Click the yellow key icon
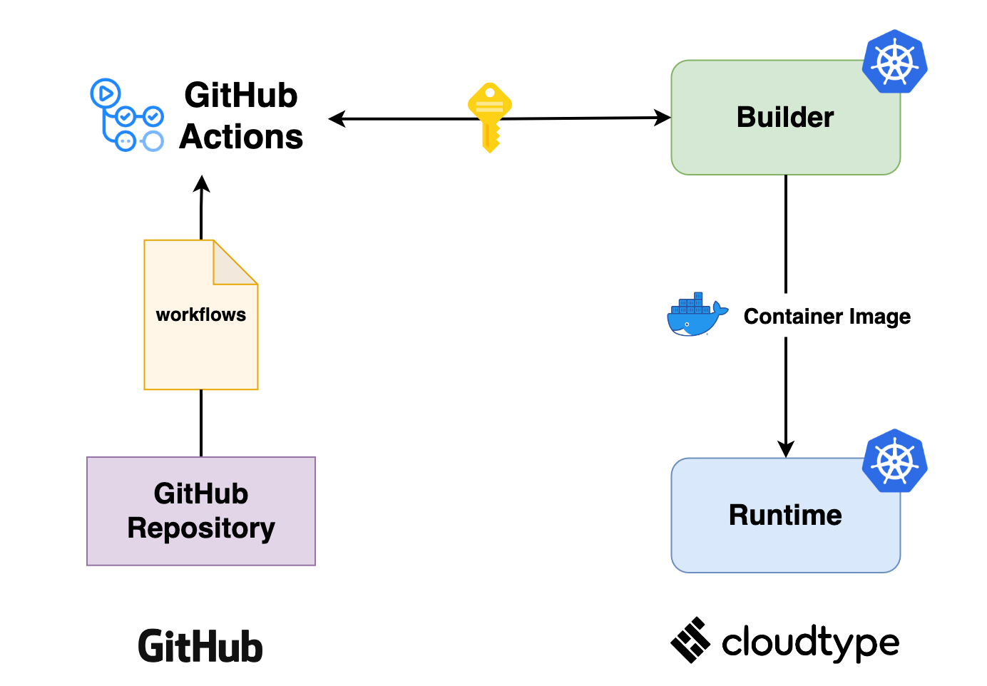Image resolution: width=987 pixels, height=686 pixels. click(490, 117)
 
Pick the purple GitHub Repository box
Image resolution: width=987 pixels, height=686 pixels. click(201, 511)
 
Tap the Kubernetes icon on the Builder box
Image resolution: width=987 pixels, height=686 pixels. click(894, 61)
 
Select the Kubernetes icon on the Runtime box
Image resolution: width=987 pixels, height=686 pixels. click(894, 461)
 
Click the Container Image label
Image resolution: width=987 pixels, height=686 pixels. click(827, 316)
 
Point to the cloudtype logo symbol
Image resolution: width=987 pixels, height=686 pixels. click(690, 640)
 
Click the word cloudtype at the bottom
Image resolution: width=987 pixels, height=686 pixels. click(810, 643)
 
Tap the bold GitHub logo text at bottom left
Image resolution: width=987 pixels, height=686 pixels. click(200, 647)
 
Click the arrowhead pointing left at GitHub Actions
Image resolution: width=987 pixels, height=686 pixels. click(337, 119)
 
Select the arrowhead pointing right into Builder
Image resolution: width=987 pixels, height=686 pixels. click(663, 118)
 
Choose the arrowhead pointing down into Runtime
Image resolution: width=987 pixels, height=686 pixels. click(786, 449)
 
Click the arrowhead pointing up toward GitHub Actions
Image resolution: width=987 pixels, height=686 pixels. click(202, 184)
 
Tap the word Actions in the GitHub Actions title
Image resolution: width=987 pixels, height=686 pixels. click(241, 137)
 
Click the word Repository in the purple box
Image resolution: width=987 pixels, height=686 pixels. click(201, 528)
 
